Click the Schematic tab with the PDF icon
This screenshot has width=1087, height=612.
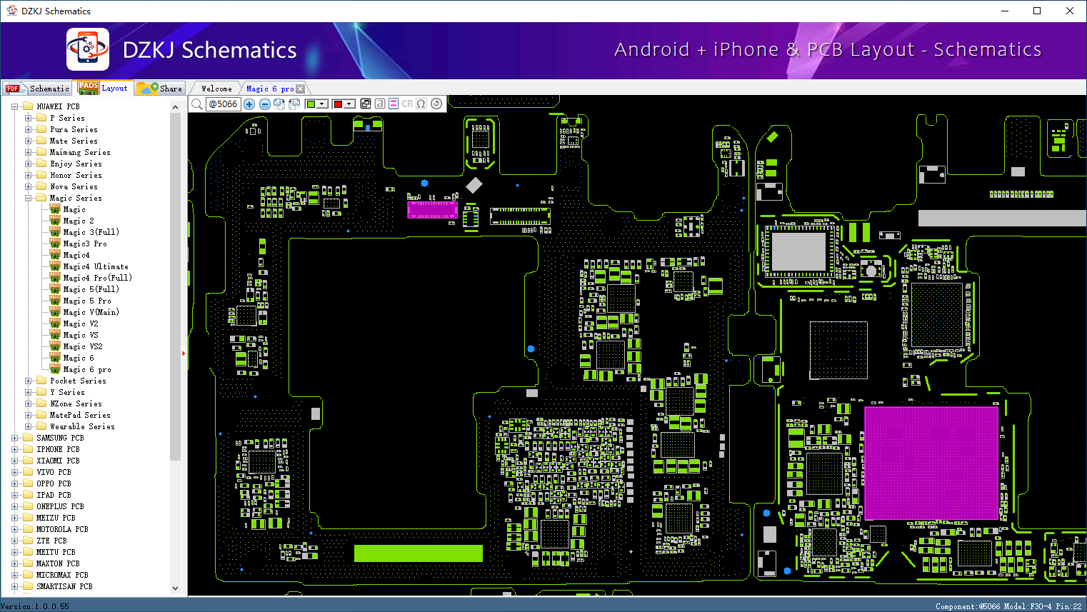tap(37, 89)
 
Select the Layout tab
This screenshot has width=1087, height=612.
tap(104, 88)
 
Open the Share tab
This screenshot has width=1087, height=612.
tap(160, 89)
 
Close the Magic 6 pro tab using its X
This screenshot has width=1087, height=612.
tap(301, 89)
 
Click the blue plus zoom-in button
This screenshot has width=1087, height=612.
tap(249, 104)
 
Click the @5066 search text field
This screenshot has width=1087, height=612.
tap(224, 104)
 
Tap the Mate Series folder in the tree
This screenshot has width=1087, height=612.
tap(74, 141)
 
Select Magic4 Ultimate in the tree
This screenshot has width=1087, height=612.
tap(96, 266)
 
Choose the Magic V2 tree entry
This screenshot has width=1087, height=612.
tap(81, 323)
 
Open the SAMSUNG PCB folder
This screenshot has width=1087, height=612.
tap(60, 438)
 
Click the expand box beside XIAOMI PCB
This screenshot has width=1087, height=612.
tap(14, 461)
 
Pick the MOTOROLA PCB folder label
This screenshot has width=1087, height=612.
tap(62, 529)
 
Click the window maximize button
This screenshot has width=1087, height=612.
tap(1037, 11)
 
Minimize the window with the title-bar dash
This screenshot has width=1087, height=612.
tap(1004, 11)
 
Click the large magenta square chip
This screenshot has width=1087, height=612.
tap(931, 463)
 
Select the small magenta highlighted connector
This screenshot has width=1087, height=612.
tap(432, 210)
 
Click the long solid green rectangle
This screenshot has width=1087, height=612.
tap(419, 553)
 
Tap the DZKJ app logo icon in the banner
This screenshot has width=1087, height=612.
tap(88, 49)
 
